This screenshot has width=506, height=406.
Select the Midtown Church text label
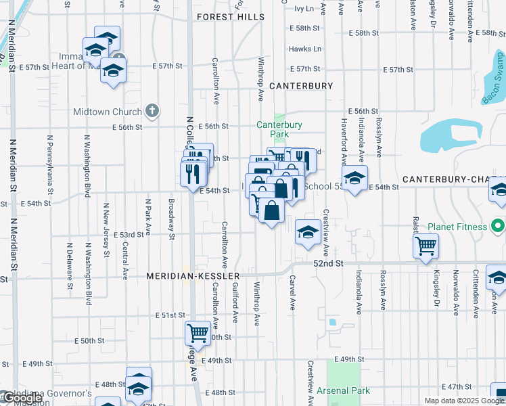tap(108, 112)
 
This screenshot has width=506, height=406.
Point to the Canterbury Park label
tap(279, 129)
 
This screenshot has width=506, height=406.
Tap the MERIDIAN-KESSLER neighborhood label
tap(193, 277)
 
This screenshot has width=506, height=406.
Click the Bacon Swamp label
tap(494, 89)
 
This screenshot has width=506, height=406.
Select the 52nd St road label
tap(327, 263)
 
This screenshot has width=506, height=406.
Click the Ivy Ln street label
tap(304, 9)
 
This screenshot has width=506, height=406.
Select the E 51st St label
tap(169, 315)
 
